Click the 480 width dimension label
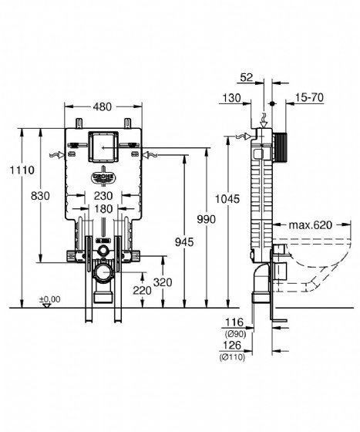[x=103, y=106]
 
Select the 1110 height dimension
[x=22, y=170]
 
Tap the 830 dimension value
[x=40, y=196]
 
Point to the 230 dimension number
[x=103, y=196]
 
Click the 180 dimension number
[x=103, y=209]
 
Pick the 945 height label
[x=184, y=242]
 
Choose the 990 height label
[x=207, y=219]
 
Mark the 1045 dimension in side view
[x=227, y=199]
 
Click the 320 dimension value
[x=163, y=282]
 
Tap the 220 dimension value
[x=143, y=290]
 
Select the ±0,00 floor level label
[x=50, y=299]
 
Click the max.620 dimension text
[x=311, y=225]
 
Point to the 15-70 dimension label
[x=310, y=97]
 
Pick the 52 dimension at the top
[x=247, y=77]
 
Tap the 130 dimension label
[x=231, y=98]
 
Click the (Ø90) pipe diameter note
[x=235, y=334]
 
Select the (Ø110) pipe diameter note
[x=232, y=357]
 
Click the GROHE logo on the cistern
[x=103, y=177]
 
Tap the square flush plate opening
[x=103, y=147]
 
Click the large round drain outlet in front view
[x=104, y=273]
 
